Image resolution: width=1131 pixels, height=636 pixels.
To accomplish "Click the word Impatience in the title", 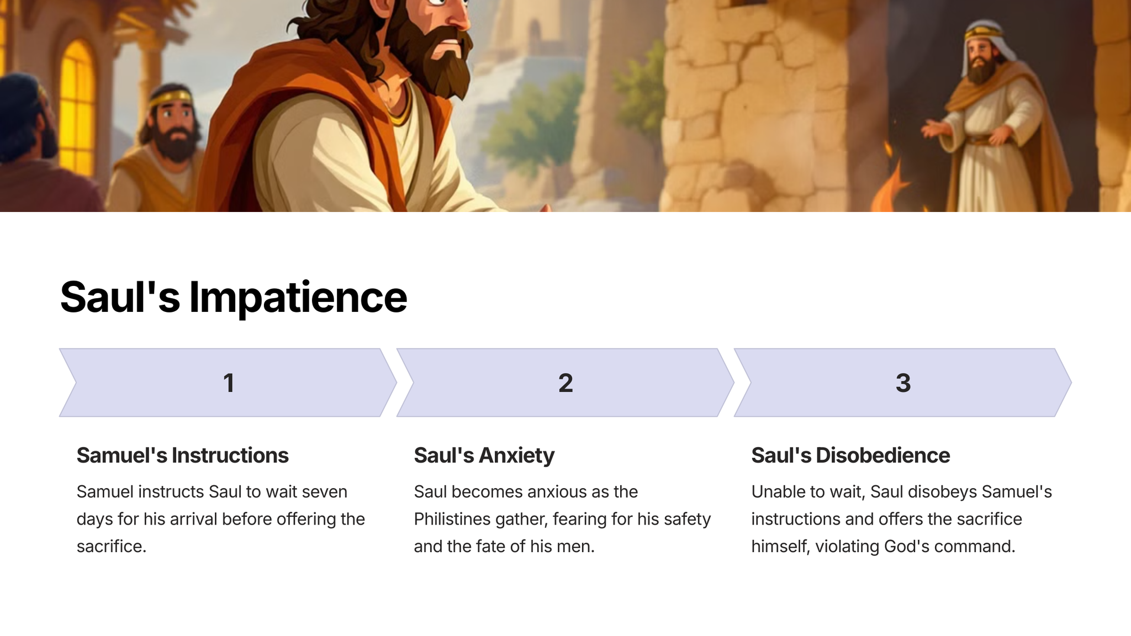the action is click(298, 298).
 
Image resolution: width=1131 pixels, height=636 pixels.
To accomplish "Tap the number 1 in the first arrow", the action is click(229, 383).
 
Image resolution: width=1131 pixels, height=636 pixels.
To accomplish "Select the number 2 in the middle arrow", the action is click(565, 383).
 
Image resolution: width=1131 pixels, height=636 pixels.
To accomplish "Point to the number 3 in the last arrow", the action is click(903, 383).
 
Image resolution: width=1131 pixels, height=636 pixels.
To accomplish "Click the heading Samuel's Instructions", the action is click(182, 455).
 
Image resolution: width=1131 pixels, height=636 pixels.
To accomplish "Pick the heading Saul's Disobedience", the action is click(850, 455).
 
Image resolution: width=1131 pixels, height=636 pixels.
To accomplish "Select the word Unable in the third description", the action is click(778, 491).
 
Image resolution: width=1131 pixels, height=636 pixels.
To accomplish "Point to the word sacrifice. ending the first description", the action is click(112, 547).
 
